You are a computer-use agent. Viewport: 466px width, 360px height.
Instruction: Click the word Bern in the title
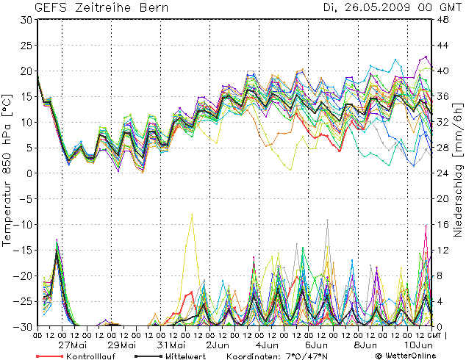154,8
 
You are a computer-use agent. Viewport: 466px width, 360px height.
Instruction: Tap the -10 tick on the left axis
24,224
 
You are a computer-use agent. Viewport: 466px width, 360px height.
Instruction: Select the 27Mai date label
74,344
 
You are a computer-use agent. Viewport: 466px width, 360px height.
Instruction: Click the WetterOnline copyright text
407,355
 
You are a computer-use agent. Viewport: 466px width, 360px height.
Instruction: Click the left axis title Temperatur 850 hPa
8,173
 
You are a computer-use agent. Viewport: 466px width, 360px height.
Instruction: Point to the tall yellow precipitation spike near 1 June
192,216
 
